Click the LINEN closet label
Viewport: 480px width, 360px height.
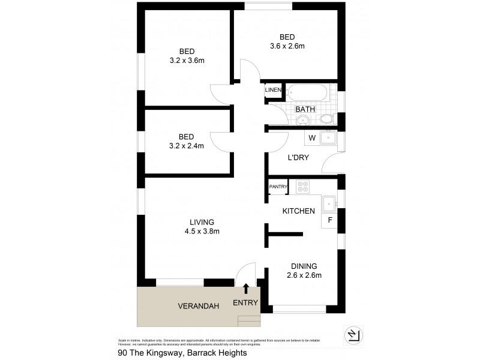pyautogui.click(x=274, y=90)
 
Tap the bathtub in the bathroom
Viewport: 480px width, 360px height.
pyautogui.click(x=307, y=93)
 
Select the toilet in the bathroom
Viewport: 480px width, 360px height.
pyautogui.click(x=327, y=119)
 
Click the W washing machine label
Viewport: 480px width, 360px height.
pyautogui.click(x=311, y=139)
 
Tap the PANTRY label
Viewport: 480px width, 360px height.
pyautogui.click(x=278, y=187)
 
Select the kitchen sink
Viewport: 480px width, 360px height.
pyautogui.click(x=329, y=205)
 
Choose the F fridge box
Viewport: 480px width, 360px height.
pyautogui.click(x=329, y=221)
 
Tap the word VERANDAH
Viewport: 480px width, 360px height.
pyautogui.click(x=198, y=306)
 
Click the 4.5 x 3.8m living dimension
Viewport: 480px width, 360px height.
pyautogui.click(x=202, y=231)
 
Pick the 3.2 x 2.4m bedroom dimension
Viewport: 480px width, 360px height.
pyautogui.click(x=187, y=145)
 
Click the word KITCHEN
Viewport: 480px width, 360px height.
pyautogui.click(x=299, y=211)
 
